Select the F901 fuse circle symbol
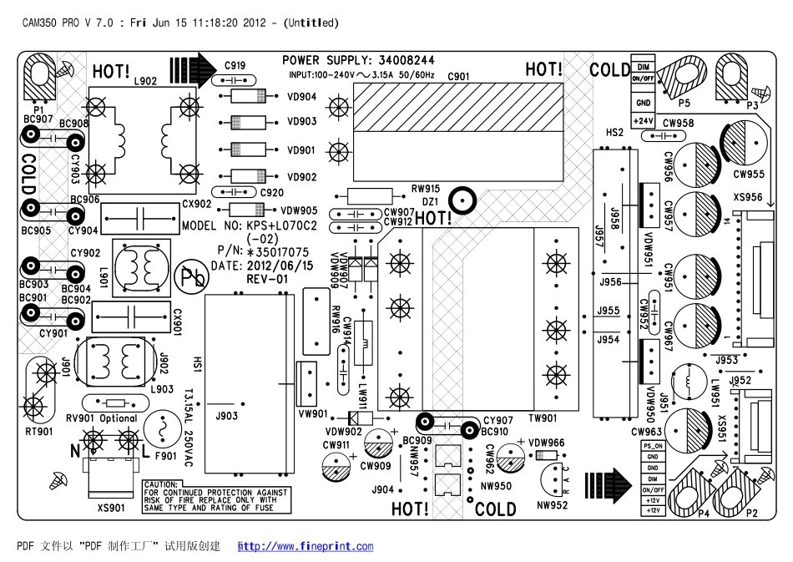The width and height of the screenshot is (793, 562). [x=160, y=431]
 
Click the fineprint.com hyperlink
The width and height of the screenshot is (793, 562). [x=306, y=547]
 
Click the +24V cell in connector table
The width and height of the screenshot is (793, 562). [x=643, y=121]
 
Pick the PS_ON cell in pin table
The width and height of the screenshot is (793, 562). [x=653, y=446]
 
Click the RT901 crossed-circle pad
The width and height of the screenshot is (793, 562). [x=34, y=407]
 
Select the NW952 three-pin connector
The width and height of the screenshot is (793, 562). [x=552, y=479]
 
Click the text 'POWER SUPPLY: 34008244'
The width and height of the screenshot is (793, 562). [x=358, y=61]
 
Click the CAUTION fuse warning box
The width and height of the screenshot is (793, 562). [x=216, y=496]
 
